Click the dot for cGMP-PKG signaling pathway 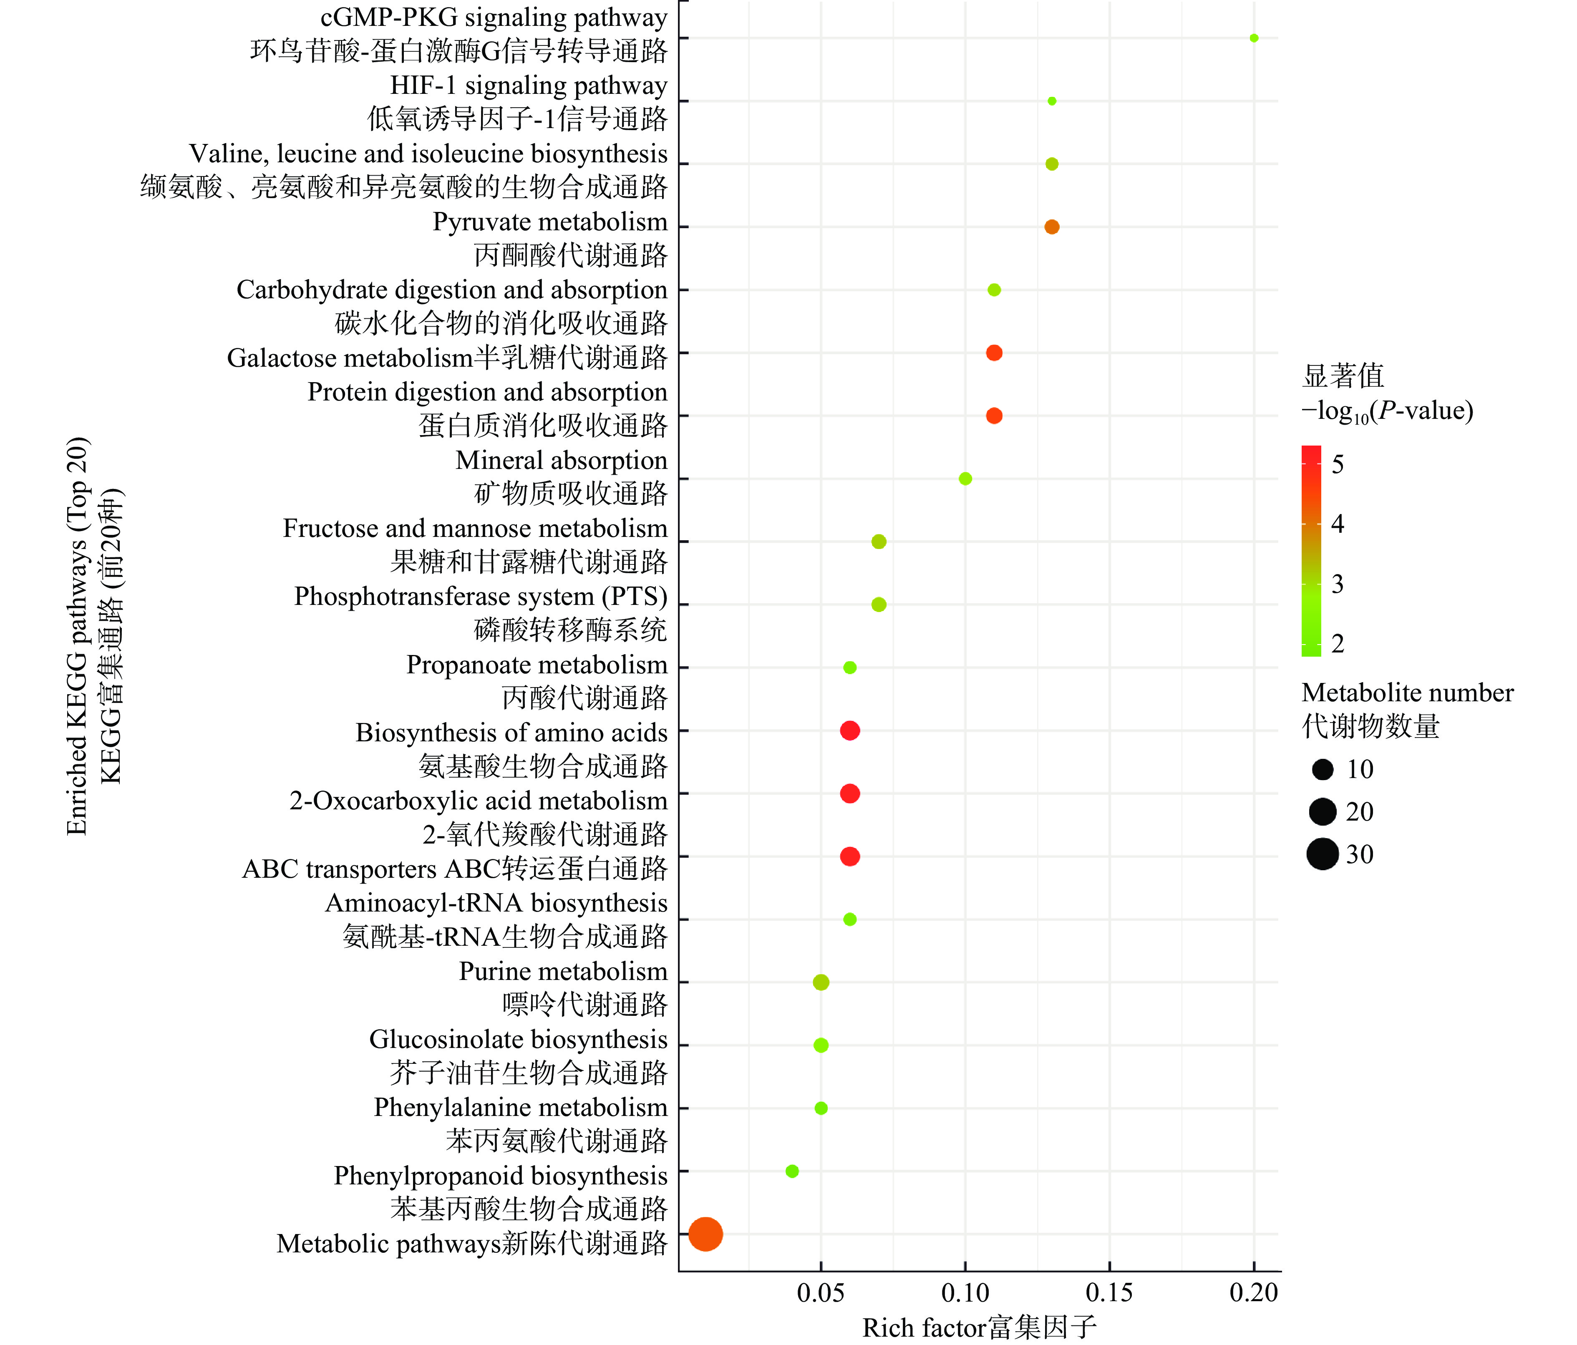pos(1254,38)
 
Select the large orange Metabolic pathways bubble pos(705,1234)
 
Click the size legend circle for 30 pos(1323,854)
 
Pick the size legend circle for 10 pos(1323,770)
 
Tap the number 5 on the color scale pos(1337,463)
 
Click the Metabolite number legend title pos(1407,693)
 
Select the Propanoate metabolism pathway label pos(537,665)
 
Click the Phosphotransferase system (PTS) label pos(480,596)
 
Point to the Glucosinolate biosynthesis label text pos(518,1039)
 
